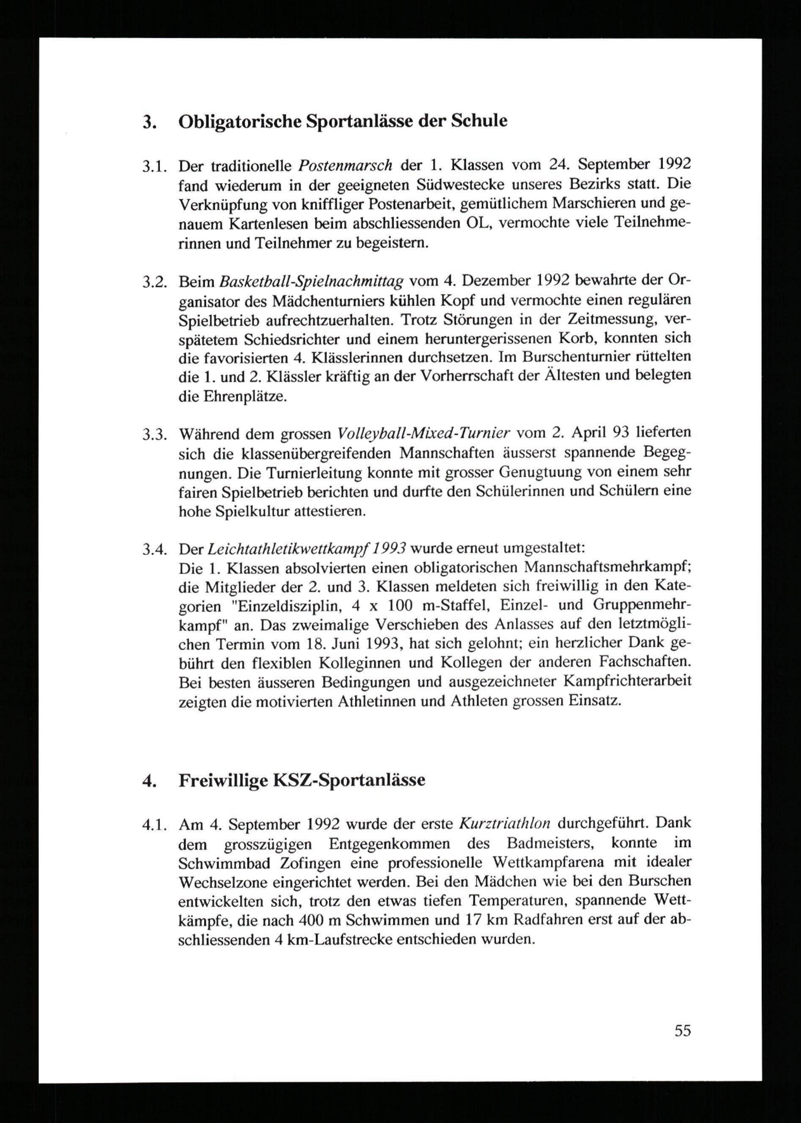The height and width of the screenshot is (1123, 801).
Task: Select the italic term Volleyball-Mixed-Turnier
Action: (424, 433)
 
